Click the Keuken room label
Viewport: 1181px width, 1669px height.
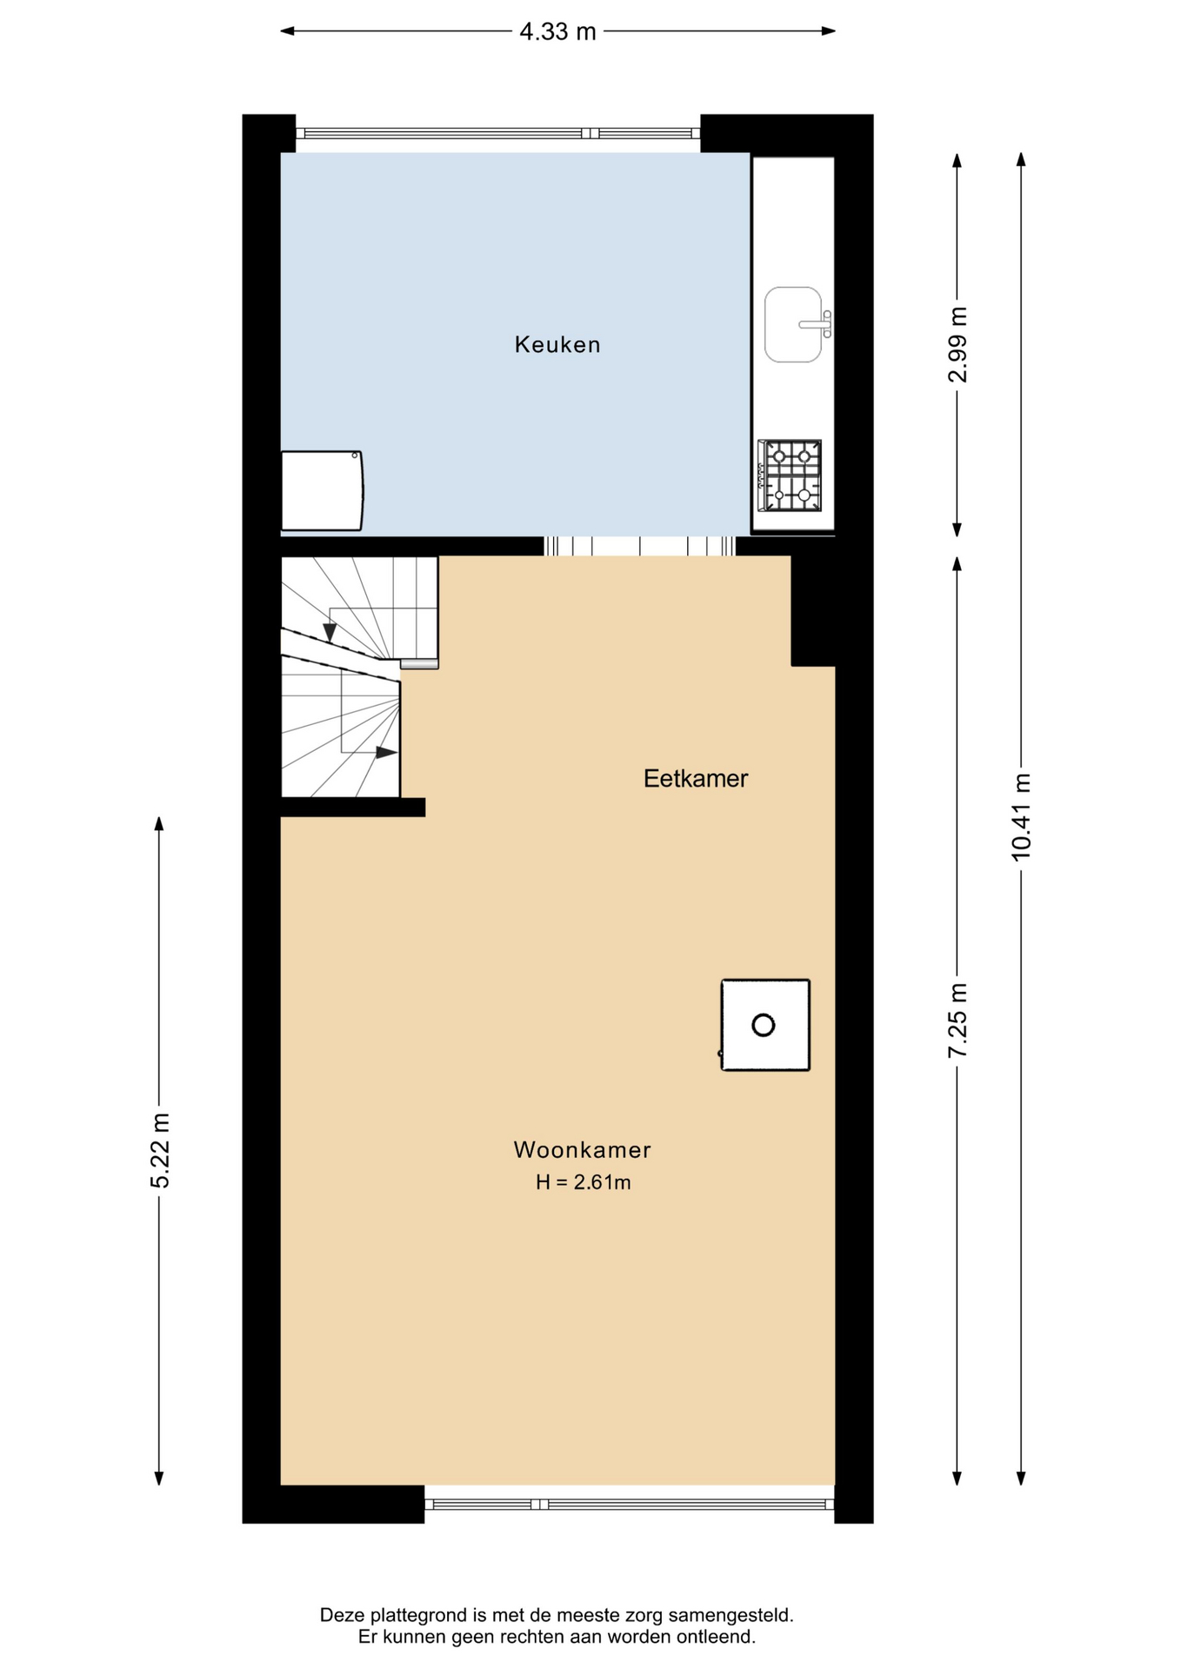click(x=557, y=345)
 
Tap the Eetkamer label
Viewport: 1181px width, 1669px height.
click(x=696, y=778)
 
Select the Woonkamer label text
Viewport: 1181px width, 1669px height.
click(x=583, y=1150)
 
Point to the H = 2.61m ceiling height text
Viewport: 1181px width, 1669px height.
click(x=583, y=1182)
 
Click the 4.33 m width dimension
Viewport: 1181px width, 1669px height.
click(x=557, y=31)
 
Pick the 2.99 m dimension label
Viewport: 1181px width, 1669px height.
click(x=957, y=345)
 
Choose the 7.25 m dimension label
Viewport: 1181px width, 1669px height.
click(x=957, y=1021)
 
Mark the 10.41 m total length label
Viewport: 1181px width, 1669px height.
click(x=1021, y=817)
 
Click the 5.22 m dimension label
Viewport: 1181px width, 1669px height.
click(x=159, y=1150)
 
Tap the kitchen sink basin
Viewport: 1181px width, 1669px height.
click(x=792, y=324)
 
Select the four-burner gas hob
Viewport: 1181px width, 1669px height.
click(x=790, y=476)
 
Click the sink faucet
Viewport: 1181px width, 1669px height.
click(x=817, y=324)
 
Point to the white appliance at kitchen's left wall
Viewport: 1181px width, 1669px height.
click(x=321, y=490)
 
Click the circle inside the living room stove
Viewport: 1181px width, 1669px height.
click(x=764, y=1026)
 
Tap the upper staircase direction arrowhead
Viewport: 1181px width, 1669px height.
click(x=330, y=632)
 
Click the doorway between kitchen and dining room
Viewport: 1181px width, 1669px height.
click(x=639, y=546)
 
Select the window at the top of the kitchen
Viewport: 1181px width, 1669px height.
click(x=498, y=133)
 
